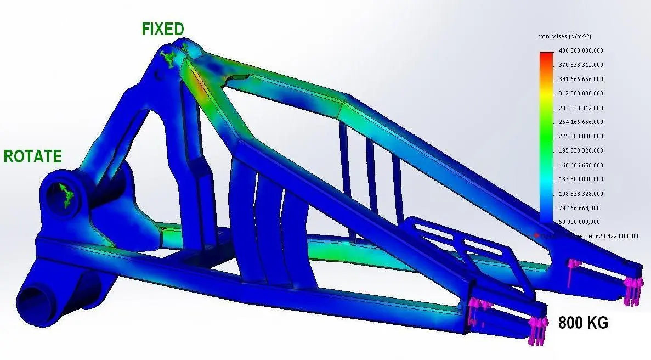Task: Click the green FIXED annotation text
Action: (163, 29)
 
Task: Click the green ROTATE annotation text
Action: (32, 156)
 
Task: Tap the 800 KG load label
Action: (583, 323)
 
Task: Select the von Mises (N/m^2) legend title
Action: (565, 36)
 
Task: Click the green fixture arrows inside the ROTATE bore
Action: (65, 195)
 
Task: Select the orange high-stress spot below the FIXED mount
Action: (201, 90)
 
